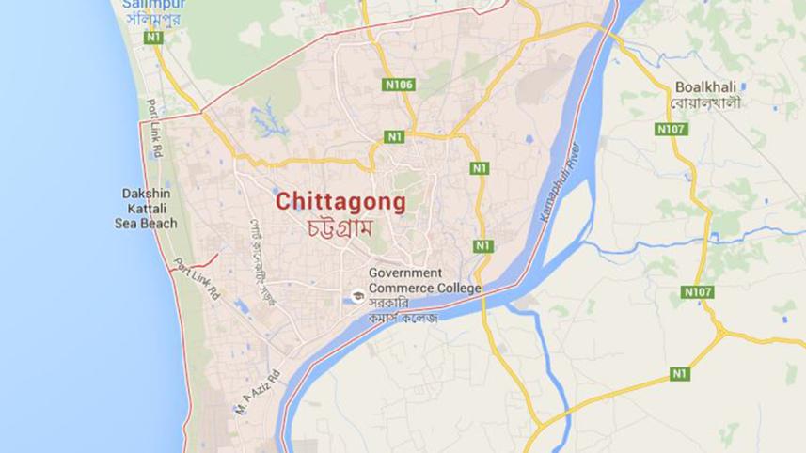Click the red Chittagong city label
tap(340, 201)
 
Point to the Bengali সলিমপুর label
tap(155, 20)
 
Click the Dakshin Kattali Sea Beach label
tap(146, 208)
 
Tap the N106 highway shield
tap(399, 85)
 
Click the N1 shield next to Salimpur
tap(153, 37)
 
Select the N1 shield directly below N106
tap(394, 137)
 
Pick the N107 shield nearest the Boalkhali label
tap(671, 128)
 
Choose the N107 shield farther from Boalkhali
tap(698, 292)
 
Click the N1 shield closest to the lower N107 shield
tap(679, 374)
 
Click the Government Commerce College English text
tap(424, 280)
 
